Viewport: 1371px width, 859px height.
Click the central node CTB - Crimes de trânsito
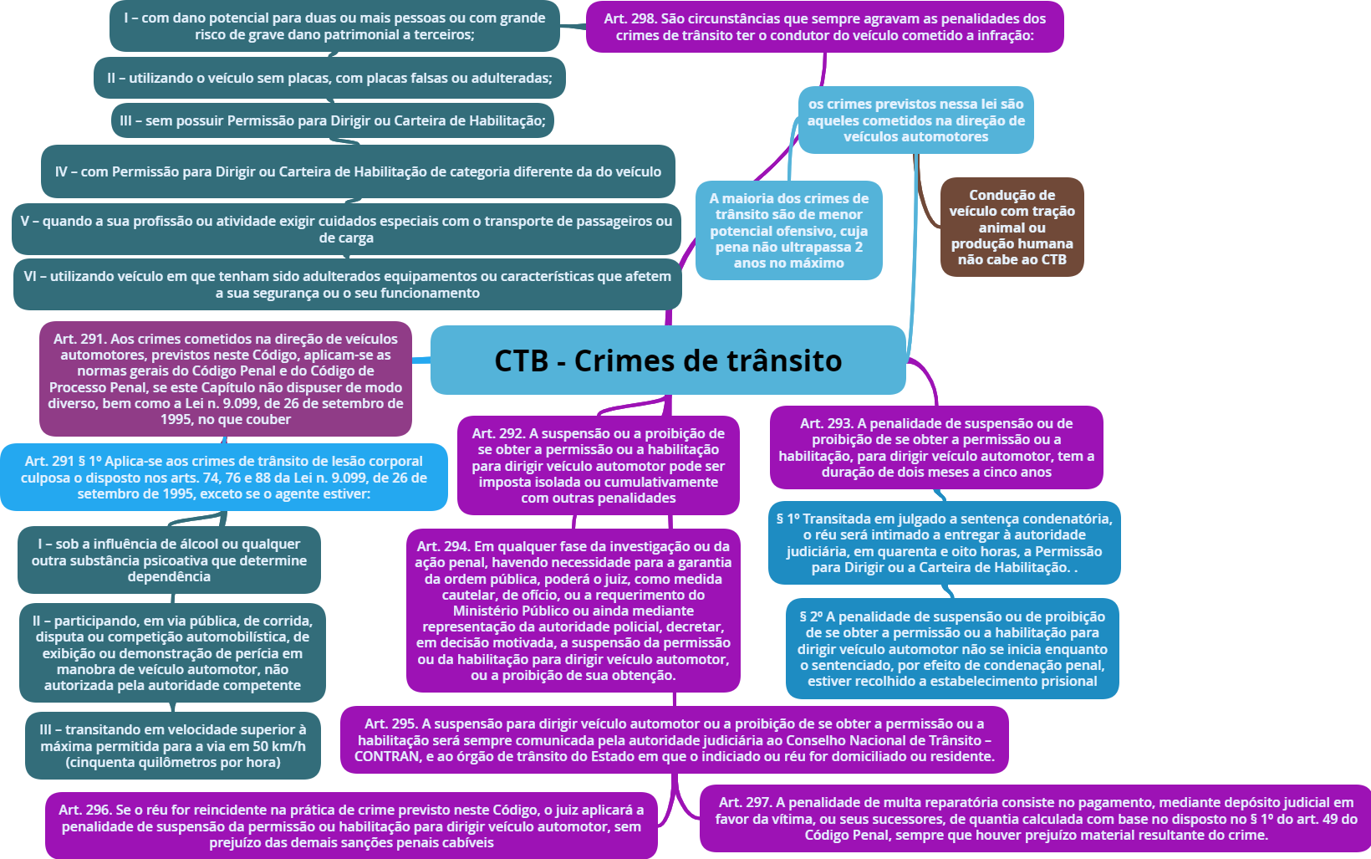tap(668, 360)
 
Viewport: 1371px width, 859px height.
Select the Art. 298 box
tap(824, 27)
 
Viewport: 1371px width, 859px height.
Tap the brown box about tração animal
tap(1012, 227)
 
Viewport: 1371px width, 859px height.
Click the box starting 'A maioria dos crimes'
tap(788, 230)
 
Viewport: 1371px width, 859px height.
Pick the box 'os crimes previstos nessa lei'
tap(915, 120)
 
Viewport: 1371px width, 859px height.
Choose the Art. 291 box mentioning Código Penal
tap(226, 379)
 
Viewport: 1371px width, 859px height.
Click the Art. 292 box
tap(598, 465)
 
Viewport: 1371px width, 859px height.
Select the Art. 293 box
tap(935, 447)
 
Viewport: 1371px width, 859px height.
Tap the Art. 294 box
tap(573, 611)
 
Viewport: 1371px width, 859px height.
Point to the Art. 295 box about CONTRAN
tap(674, 739)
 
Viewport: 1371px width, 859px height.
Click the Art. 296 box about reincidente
tap(351, 826)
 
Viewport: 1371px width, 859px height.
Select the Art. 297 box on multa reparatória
tap(1036, 818)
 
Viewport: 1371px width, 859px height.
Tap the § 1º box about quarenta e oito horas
tap(944, 543)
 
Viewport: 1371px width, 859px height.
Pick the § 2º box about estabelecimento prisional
tap(951, 648)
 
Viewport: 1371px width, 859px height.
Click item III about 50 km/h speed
tap(172, 745)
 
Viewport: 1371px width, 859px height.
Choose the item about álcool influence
tap(169, 560)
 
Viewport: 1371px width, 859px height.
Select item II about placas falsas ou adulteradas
tap(329, 78)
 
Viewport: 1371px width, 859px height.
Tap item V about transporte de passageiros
tap(346, 229)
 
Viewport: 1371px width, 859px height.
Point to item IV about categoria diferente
tap(358, 171)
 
